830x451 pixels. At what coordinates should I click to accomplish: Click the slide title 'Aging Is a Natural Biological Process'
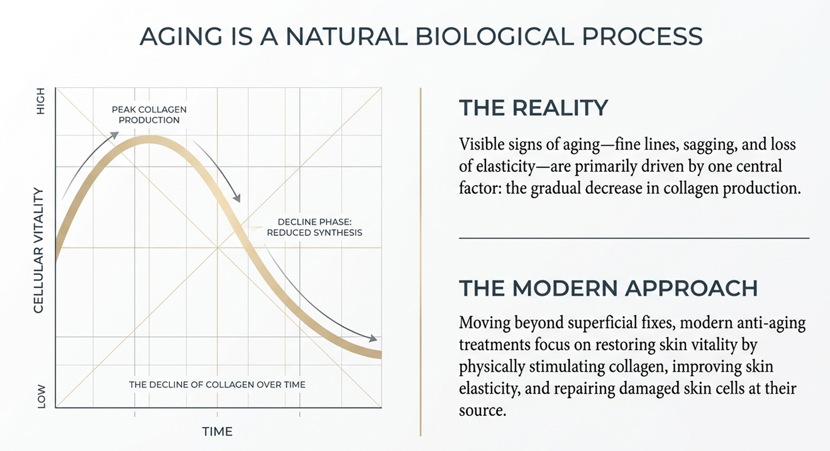coord(421,37)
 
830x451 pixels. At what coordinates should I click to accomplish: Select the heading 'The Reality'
coord(533,108)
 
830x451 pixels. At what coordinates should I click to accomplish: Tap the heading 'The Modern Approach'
coord(608,288)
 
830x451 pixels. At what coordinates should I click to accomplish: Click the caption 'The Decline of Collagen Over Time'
coord(217,384)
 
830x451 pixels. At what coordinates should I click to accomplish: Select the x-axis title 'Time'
coord(217,432)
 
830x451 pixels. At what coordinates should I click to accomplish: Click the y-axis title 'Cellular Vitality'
coord(39,251)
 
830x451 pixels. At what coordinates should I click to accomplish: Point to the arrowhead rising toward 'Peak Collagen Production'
coord(115,135)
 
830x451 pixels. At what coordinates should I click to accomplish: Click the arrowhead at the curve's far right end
coord(373,338)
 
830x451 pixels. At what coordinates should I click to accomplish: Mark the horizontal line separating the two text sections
coord(634,238)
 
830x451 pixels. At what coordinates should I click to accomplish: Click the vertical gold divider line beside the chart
coord(420,260)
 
